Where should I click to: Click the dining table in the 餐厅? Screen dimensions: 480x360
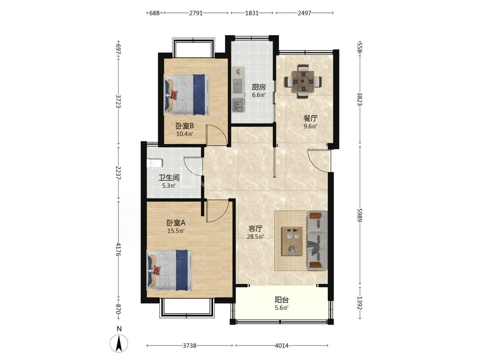click(x=303, y=81)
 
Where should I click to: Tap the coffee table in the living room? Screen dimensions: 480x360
click(x=292, y=241)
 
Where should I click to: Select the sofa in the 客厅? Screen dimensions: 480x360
click(x=317, y=241)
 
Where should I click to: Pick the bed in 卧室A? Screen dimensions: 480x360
click(x=170, y=270)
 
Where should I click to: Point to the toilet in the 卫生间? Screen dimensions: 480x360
click(x=154, y=163)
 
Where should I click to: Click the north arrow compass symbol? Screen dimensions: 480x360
click(x=119, y=343)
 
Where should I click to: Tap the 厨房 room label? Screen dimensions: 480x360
click(x=259, y=87)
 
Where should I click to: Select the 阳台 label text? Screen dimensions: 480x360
click(x=282, y=300)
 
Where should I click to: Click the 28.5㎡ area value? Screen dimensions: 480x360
click(x=255, y=236)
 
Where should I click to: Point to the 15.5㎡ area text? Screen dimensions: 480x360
click(x=176, y=231)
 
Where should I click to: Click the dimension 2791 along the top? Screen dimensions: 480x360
click(x=196, y=13)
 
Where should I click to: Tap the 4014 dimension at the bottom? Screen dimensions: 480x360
click(x=282, y=345)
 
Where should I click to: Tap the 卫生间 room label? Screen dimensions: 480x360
click(x=169, y=178)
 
